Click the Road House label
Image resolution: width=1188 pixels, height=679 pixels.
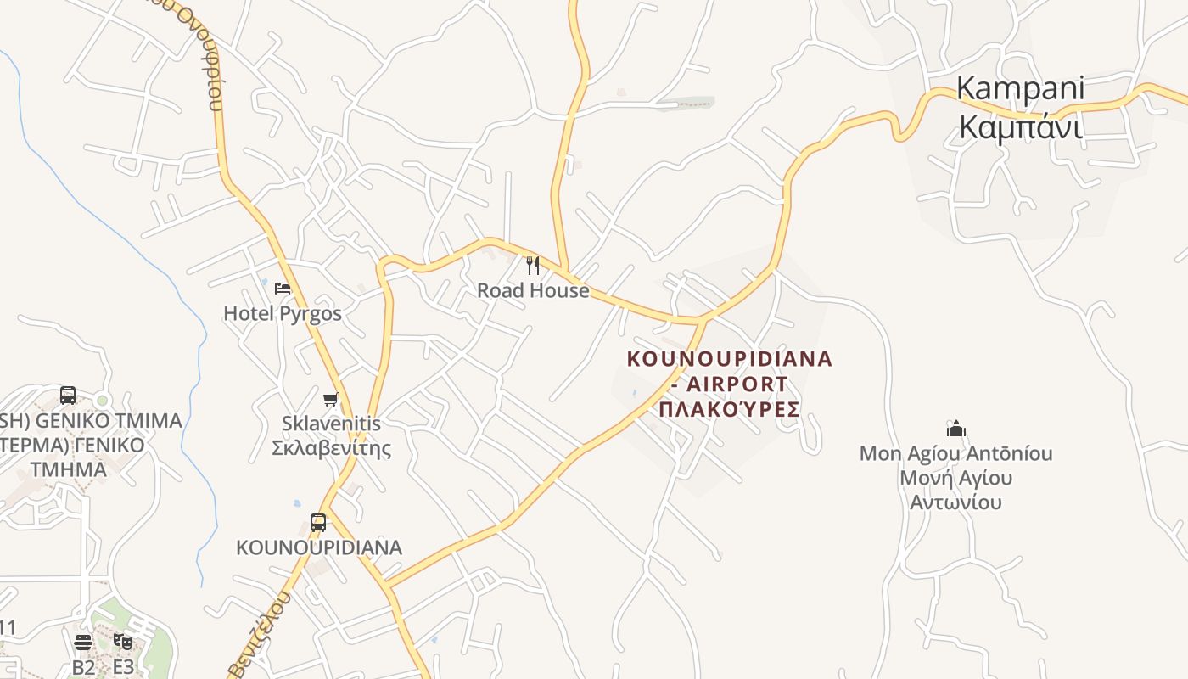point(533,290)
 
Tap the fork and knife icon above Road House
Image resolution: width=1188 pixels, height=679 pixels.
point(533,266)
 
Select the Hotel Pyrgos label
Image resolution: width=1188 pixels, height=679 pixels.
point(283,313)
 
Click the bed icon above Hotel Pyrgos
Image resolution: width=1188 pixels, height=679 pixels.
point(283,289)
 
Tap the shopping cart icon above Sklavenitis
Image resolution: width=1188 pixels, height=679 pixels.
point(331,399)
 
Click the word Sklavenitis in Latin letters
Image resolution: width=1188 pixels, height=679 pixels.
point(331,423)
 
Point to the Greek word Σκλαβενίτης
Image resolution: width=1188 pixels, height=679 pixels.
point(331,447)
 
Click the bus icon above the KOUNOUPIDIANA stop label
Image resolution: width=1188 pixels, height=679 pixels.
point(318,523)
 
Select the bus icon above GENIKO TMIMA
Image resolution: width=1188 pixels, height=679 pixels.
point(68,396)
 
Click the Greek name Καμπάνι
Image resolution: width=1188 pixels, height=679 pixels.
point(1020,127)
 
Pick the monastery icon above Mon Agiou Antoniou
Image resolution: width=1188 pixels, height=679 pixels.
point(956,429)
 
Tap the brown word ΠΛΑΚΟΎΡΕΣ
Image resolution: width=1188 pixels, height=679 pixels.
point(730,409)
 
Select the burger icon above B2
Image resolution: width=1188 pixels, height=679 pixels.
point(82,642)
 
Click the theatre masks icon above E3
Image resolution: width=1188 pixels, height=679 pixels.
point(123,642)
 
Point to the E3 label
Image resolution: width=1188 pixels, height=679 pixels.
point(123,666)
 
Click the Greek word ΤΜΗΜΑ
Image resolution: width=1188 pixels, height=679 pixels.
point(68,469)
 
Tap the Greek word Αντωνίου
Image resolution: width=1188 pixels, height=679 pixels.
point(955,502)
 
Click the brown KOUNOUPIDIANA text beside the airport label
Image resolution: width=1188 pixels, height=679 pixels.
point(730,359)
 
